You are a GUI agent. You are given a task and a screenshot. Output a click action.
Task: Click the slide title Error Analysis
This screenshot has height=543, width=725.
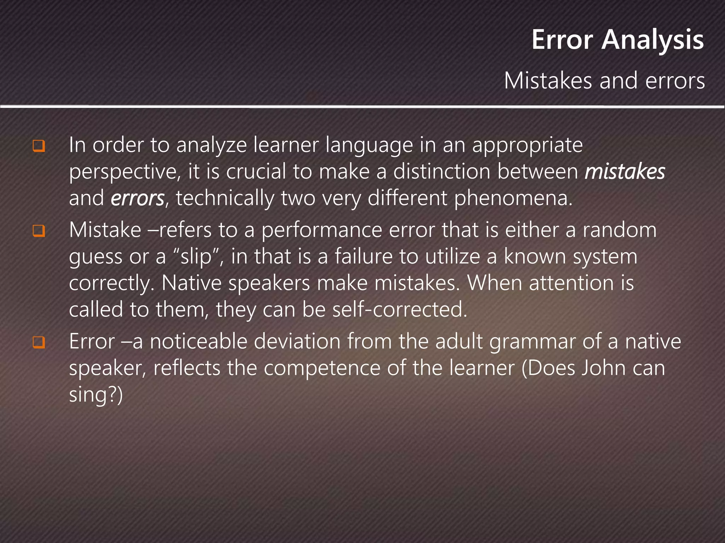[x=617, y=40]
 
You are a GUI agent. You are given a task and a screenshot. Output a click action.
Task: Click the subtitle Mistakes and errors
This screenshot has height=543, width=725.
[x=604, y=81]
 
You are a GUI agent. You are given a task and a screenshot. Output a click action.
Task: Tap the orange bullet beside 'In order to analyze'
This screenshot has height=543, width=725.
[x=39, y=146]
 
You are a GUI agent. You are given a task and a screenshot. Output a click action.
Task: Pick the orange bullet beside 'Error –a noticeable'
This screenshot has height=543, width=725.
[x=39, y=342]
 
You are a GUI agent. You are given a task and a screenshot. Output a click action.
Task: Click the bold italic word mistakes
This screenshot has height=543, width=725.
[x=625, y=172]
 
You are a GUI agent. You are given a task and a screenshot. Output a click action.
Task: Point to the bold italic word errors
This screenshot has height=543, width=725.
[x=137, y=198]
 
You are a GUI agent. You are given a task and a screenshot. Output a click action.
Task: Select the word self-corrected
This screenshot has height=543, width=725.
[x=400, y=310]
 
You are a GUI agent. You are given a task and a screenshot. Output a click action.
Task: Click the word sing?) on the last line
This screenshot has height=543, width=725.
[x=96, y=395]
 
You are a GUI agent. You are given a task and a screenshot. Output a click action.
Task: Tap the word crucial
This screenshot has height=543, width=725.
[x=256, y=172]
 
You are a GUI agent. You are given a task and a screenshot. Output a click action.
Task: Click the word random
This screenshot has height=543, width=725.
[x=620, y=230]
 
